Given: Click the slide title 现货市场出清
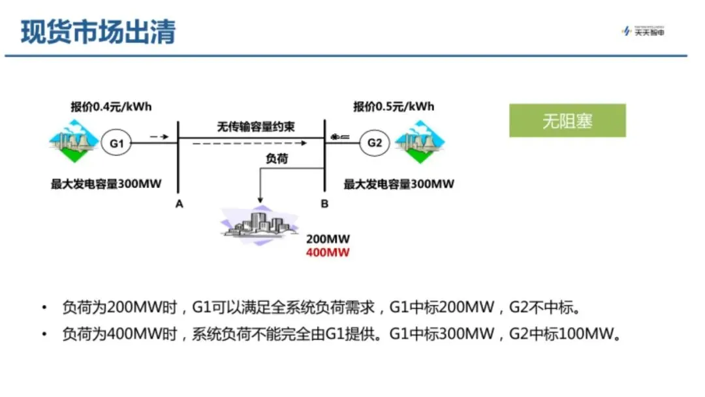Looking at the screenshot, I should [x=99, y=32].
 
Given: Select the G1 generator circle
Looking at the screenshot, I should [x=116, y=142].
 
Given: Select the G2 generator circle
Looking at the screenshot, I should [x=375, y=142].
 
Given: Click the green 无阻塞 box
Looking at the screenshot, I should [x=567, y=121].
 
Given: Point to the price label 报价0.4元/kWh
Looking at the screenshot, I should [x=111, y=106].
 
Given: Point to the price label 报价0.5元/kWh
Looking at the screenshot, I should [x=394, y=106].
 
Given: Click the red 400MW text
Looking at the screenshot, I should [x=328, y=253].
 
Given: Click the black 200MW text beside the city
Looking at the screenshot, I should [x=328, y=240].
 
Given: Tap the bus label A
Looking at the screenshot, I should [x=179, y=204].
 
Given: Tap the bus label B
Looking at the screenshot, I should [x=324, y=204].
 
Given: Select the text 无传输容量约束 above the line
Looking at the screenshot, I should [x=256, y=127].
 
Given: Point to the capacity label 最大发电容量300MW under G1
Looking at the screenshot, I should [x=106, y=184].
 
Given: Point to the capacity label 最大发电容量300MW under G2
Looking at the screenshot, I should [x=399, y=184].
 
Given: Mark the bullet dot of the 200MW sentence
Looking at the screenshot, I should [x=44, y=307].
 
